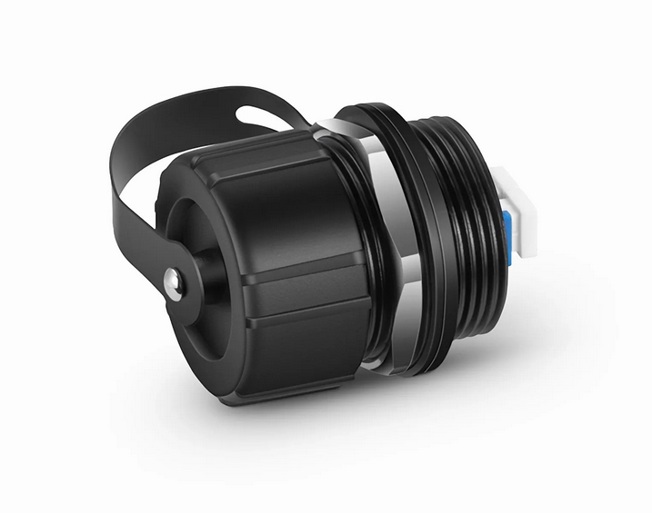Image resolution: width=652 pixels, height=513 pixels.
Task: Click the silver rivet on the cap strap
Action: [170, 282]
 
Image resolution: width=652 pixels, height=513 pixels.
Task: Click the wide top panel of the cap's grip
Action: [273, 173]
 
